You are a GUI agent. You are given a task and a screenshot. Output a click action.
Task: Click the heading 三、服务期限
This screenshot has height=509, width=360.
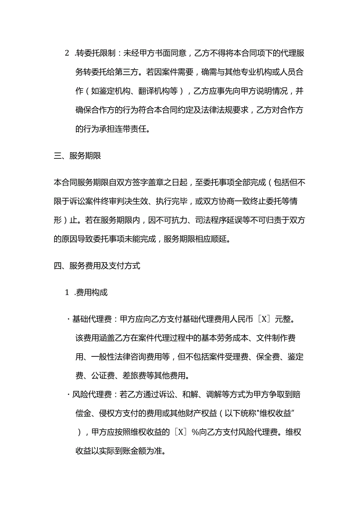point(77,156)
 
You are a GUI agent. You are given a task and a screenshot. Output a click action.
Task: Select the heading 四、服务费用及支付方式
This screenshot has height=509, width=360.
point(97,266)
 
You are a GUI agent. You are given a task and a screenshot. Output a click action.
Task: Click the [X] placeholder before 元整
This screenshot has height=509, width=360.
point(265,319)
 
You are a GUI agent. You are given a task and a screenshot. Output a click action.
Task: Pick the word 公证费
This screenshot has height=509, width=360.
point(103,376)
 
